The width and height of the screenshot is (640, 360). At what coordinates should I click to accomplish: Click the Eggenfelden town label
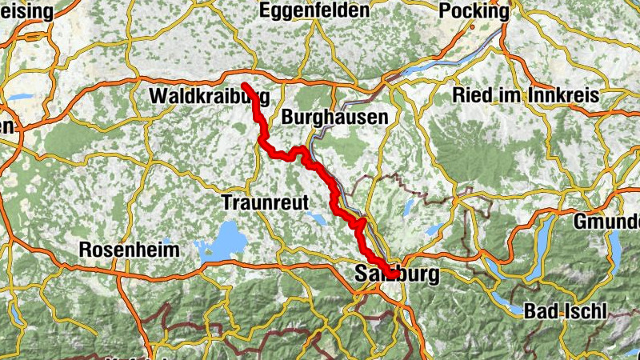pos(314,10)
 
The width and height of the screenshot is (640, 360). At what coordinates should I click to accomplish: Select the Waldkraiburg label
pos(210,97)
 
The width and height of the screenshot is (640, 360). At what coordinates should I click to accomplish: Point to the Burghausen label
pos(334,117)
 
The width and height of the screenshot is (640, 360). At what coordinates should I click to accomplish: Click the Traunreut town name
pos(265,202)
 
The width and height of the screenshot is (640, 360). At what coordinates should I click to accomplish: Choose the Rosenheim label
pos(130,250)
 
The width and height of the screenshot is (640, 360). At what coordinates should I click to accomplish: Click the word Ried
pos(473,95)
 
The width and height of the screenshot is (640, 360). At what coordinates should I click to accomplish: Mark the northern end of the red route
pos(243,85)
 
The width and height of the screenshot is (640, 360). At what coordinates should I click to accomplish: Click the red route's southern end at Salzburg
pos(394,274)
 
